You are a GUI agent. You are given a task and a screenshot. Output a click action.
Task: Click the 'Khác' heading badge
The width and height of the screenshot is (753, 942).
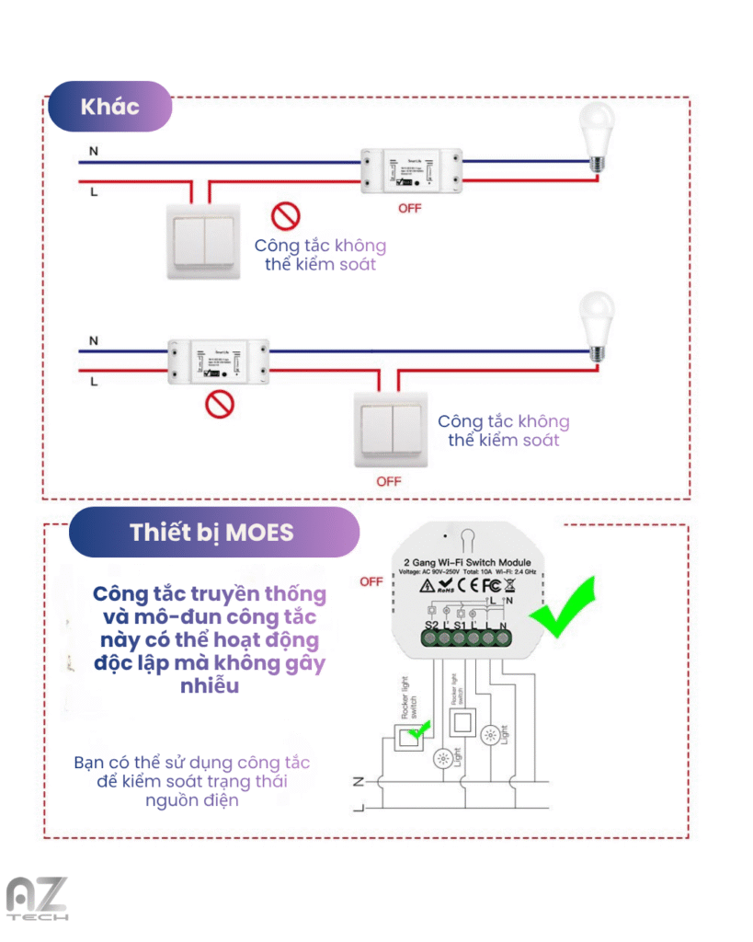coord(109,107)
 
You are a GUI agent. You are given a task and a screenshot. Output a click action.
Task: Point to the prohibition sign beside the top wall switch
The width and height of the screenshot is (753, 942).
coord(285,216)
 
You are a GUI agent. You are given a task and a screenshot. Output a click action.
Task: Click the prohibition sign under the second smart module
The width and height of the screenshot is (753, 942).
coord(219,402)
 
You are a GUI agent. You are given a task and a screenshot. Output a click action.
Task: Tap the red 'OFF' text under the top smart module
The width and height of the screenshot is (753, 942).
coord(409,209)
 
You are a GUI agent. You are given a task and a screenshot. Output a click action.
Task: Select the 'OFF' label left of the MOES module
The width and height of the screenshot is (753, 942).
coord(371,581)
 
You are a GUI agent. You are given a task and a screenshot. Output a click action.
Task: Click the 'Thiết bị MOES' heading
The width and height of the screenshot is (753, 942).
coord(211,533)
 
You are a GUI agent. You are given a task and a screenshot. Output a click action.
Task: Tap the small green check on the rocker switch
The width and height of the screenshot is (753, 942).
coord(420,730)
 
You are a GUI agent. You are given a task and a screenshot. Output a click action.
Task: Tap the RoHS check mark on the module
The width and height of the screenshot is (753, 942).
coord(443,586)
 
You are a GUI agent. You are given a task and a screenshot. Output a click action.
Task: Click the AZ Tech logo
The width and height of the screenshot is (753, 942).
coord(37,898)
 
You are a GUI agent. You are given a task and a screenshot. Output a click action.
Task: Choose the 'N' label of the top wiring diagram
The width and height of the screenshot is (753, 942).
coord(94,151)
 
